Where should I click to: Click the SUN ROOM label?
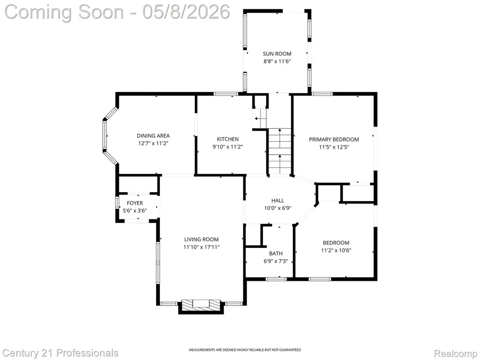pyautogui.click(x=277, y=54)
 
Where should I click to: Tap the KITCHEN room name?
pyautogui.click(x=228, y=139)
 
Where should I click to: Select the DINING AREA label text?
pyautogui.click(x=153, y=135)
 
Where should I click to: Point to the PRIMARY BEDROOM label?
pyautogui.click(x=334, y=139)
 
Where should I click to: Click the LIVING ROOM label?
pyautogui.click(x=202, y=240)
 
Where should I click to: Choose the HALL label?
pyautogui.click(x=277, y=201)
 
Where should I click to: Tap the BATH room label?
pyautogui.click(x=276, y=254)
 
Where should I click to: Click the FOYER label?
pyautogui.click(x=135, y=203)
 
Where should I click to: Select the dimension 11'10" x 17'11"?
pyautogui.click(x=202, y=247)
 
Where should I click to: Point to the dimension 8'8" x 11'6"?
pyautogui.click(x=277, y=61)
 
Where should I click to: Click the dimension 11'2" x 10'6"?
pyautogui.click(x=336, y=250)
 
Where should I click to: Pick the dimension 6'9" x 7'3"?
pyautogui.click(x=276, y=262)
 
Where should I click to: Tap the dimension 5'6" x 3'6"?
pyautogui.click(x=135, y=210)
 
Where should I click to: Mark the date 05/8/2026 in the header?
pyautogui.click(x=186, y=12)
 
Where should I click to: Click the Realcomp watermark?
pyautogui.click(x=456, y=353)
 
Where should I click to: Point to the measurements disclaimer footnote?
pyautogui.click(x=245, y=350)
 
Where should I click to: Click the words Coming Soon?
pyautogui.click(x=65, y=12)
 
